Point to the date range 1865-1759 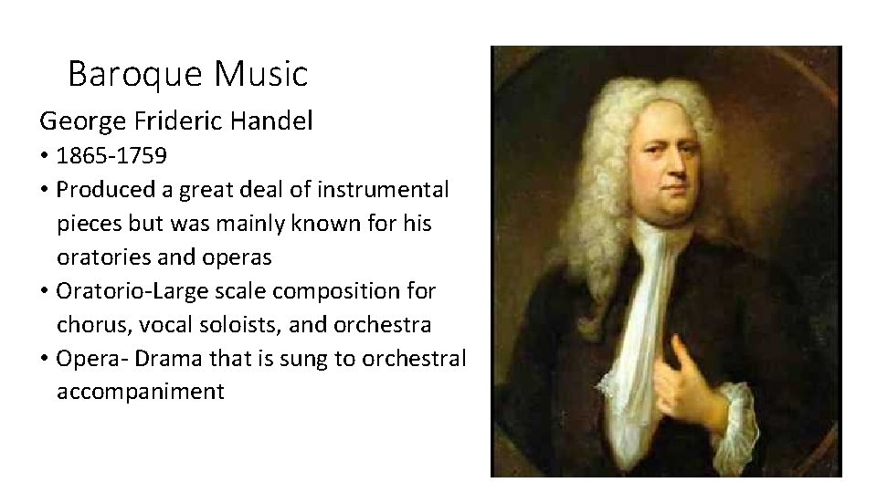point(111,155)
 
